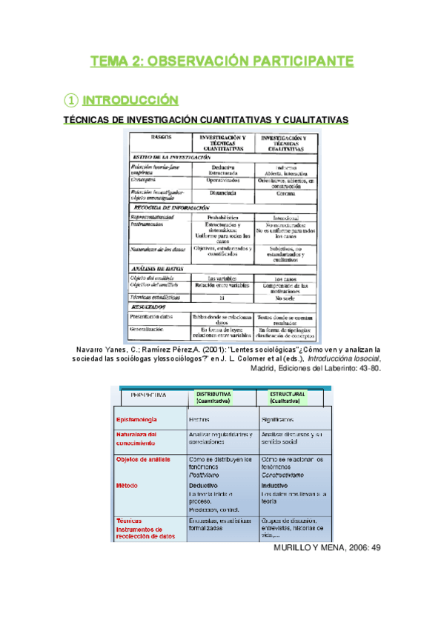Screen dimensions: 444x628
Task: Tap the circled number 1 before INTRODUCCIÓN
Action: [70, 99]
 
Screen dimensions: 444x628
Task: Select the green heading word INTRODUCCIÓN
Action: [130, 99]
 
